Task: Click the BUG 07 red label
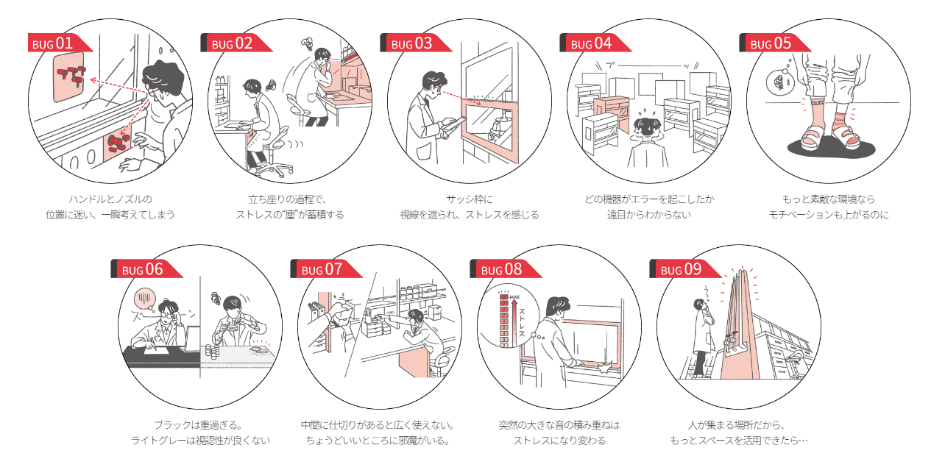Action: [x=325, y=269]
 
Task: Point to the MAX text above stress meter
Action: [x=514, y=297]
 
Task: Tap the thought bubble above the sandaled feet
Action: [x=777, y=82]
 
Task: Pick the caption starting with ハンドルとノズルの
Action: [x=110, y=199]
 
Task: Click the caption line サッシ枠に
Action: [x=470, y=199]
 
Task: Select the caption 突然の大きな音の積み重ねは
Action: [x=559, y=424]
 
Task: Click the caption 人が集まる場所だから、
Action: [x=739, y=424]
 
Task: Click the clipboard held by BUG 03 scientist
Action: [x=448, y=130]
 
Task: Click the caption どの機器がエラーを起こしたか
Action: [x=649, y=199]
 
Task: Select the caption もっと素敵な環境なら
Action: [x=829, y=199]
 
